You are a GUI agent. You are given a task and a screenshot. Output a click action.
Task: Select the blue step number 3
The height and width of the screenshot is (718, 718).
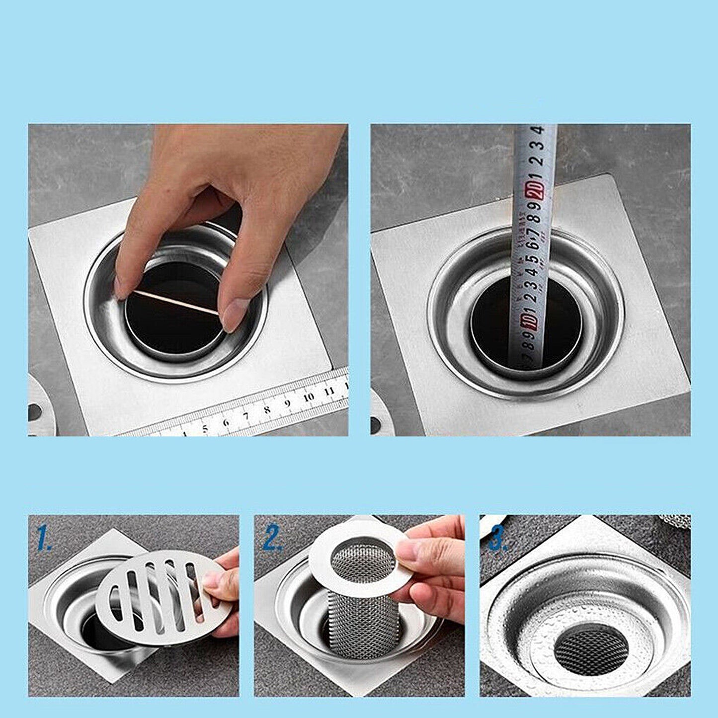coord(498,540)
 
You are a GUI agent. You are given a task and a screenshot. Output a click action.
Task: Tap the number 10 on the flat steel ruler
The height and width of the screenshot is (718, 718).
coord(309,397)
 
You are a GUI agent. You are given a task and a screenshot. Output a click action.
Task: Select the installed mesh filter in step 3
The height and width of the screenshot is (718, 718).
coord(591,648)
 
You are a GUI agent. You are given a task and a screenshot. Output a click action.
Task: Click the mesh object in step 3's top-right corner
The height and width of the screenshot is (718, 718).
coord(676,521)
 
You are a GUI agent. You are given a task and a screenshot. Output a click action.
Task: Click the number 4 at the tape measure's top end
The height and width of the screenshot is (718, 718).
coord(538,131)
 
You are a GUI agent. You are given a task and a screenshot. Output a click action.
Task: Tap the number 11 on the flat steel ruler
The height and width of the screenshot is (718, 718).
coord(328,391)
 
